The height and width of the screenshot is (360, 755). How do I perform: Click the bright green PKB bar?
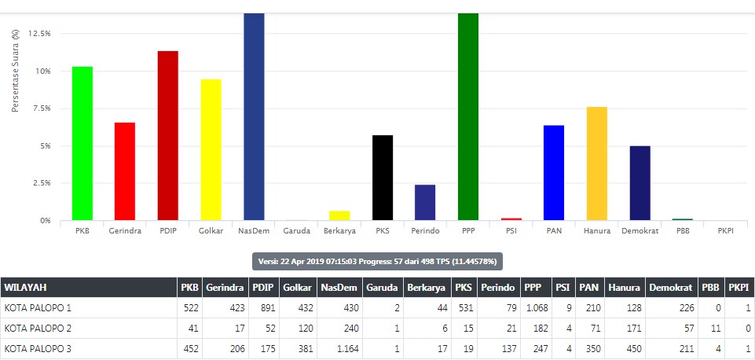[x=82, y=144]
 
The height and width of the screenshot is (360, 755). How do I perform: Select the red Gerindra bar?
[x=125, y=171]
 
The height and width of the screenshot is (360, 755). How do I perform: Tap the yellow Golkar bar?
[x=211, y=149]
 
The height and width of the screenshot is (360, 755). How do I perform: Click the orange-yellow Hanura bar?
[x=596, y=163]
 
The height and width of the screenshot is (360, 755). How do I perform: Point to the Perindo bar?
[x=425, y=203]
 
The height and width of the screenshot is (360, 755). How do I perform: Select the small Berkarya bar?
[x=339, y=215]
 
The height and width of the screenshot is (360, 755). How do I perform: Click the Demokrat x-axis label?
[x=640, y=231]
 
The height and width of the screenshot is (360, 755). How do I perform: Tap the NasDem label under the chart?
[x=254, y=231]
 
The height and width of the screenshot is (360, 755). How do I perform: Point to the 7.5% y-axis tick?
[x=39, y=108]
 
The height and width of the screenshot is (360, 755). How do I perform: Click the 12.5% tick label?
[x=38, y=34]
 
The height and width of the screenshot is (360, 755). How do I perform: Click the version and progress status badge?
[x=377, y=261]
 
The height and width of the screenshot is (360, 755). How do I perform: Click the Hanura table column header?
[x=623, y=288]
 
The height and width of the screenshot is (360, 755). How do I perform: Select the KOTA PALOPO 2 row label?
[x=38, y=328]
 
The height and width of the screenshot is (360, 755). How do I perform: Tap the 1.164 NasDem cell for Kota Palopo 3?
[x=343, y=348]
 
